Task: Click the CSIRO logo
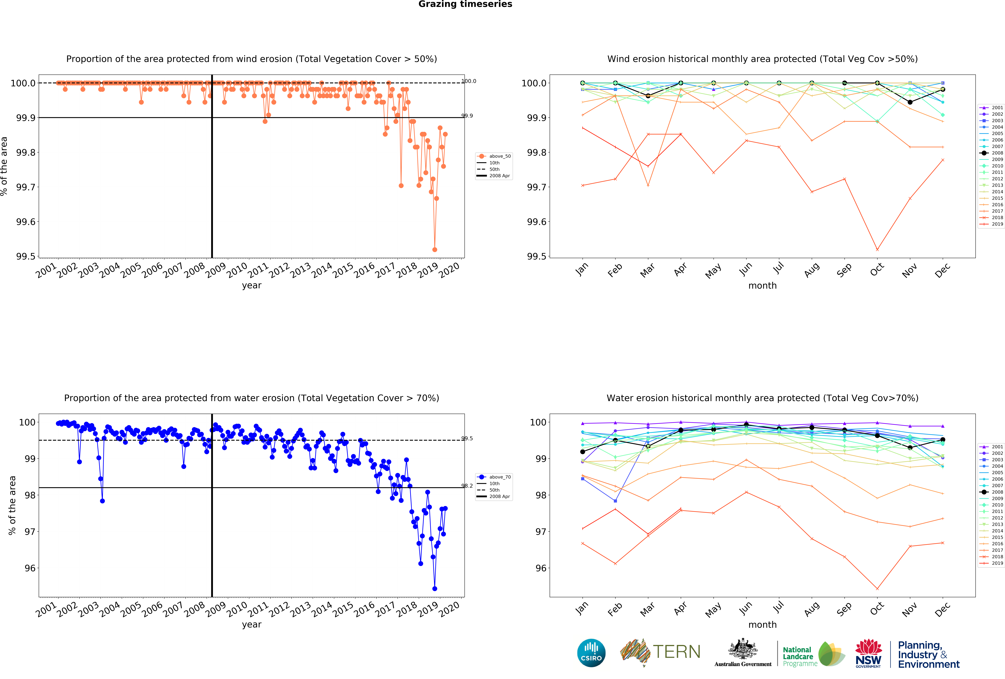591,653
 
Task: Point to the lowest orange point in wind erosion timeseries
435,250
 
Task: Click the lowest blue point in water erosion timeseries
435,589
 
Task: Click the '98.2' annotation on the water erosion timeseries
467,486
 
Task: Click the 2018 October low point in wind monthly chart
877,250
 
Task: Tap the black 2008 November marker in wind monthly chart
910,102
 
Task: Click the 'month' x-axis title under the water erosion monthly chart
762,624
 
